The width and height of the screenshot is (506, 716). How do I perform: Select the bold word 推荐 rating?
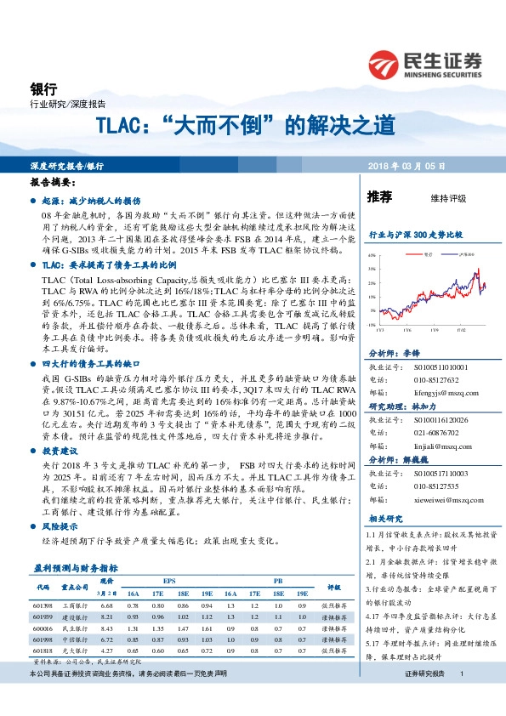pyautogui.click(x=379, y=197)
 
